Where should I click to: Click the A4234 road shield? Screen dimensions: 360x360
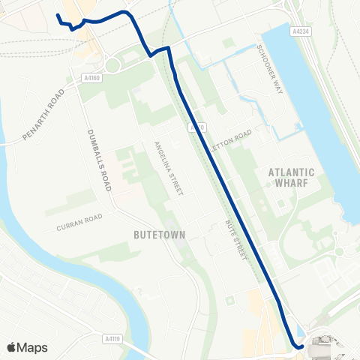pos(301,31)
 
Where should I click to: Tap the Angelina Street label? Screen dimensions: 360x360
pos(169,169)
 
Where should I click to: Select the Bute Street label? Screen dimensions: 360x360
pos(235,241)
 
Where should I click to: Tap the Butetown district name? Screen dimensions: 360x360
pos(158,235)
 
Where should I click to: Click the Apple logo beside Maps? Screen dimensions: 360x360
pos(12,346)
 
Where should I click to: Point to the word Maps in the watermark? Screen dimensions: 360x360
pos(32,347)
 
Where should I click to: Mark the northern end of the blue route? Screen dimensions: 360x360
pos(58,15)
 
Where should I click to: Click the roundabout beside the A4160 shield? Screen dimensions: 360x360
pos(112,65)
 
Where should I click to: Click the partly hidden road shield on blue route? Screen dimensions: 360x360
pos(196,128)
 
